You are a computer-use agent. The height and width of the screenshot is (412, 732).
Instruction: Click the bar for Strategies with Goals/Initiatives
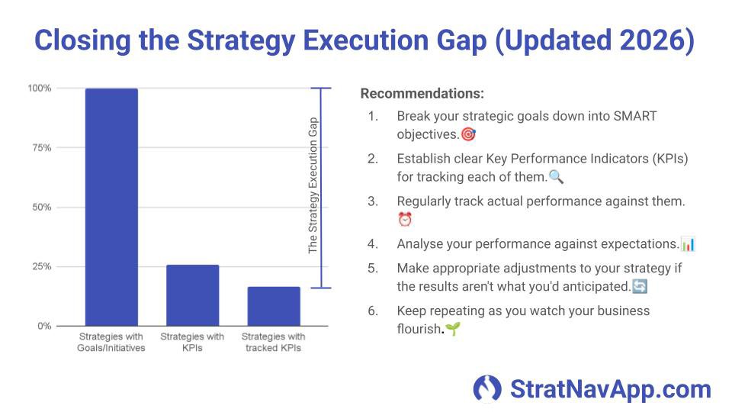tap(111, 207)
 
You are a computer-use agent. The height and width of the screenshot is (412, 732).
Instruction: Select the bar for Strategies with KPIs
tap(192, 295)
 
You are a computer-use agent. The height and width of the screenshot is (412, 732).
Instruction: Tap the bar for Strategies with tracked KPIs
tap(273, 306)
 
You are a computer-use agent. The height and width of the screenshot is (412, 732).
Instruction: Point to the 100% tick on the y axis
tap(40, 89)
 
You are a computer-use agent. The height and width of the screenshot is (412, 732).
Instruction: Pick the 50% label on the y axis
tap(41, 208)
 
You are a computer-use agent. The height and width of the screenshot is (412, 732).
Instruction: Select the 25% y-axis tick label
tap(41, 267)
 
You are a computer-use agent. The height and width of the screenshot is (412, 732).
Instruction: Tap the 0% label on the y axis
tap(43, 326)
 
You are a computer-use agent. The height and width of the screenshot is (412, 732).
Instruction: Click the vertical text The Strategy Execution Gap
tap(313, 186)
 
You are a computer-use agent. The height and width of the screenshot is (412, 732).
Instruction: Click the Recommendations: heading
tap(422, 94)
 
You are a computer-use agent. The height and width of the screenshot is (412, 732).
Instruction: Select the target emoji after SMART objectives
tap(469, 134)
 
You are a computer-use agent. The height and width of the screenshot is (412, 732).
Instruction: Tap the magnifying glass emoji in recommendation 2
tap(556, 177)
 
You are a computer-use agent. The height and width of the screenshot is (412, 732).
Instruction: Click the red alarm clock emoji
tap(405, 220)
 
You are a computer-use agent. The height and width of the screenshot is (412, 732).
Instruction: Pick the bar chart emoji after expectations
tap(688, 244)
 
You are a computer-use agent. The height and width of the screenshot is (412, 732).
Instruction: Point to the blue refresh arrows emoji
tap(640, 287)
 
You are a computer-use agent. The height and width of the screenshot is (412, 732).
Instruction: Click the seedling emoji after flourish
tap(453, 330)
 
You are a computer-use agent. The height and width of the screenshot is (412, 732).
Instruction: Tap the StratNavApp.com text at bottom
tap(610, 388)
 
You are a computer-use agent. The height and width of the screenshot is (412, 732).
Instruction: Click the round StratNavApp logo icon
tap(487, 388)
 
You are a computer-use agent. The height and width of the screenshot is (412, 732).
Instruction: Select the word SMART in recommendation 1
tap(636, 116)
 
